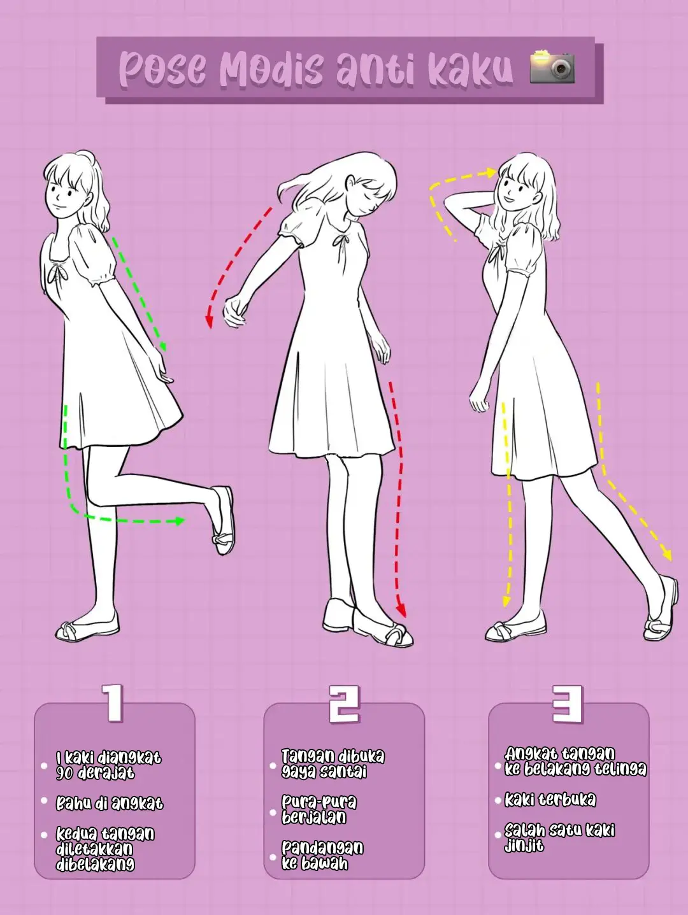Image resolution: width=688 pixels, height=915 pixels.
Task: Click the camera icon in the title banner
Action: [552, 67]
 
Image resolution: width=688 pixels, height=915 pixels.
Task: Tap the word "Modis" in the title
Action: [271, 69]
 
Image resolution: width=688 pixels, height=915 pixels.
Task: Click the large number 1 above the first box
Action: [113, 703]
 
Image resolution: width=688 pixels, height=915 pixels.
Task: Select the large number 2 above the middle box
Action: [344, 704]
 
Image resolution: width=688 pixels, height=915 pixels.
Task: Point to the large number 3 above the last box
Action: [568, 704]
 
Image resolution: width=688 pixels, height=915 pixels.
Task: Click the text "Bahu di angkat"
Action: [110, 804]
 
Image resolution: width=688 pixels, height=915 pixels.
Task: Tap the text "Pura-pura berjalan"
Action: [319, 809]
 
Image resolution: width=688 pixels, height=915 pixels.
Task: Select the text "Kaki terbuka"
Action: [550, 800]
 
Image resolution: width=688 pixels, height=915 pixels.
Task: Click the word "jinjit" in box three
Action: [524, 846]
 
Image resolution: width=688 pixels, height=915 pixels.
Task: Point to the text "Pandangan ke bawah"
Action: [322, 856]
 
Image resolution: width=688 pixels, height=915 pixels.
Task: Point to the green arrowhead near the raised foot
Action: [179, 521]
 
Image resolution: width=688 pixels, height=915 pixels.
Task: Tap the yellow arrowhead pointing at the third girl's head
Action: [491, 172]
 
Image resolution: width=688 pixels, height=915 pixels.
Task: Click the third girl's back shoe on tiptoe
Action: [661, 611]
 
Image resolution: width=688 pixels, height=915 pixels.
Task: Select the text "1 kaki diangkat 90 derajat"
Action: [108, 765]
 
